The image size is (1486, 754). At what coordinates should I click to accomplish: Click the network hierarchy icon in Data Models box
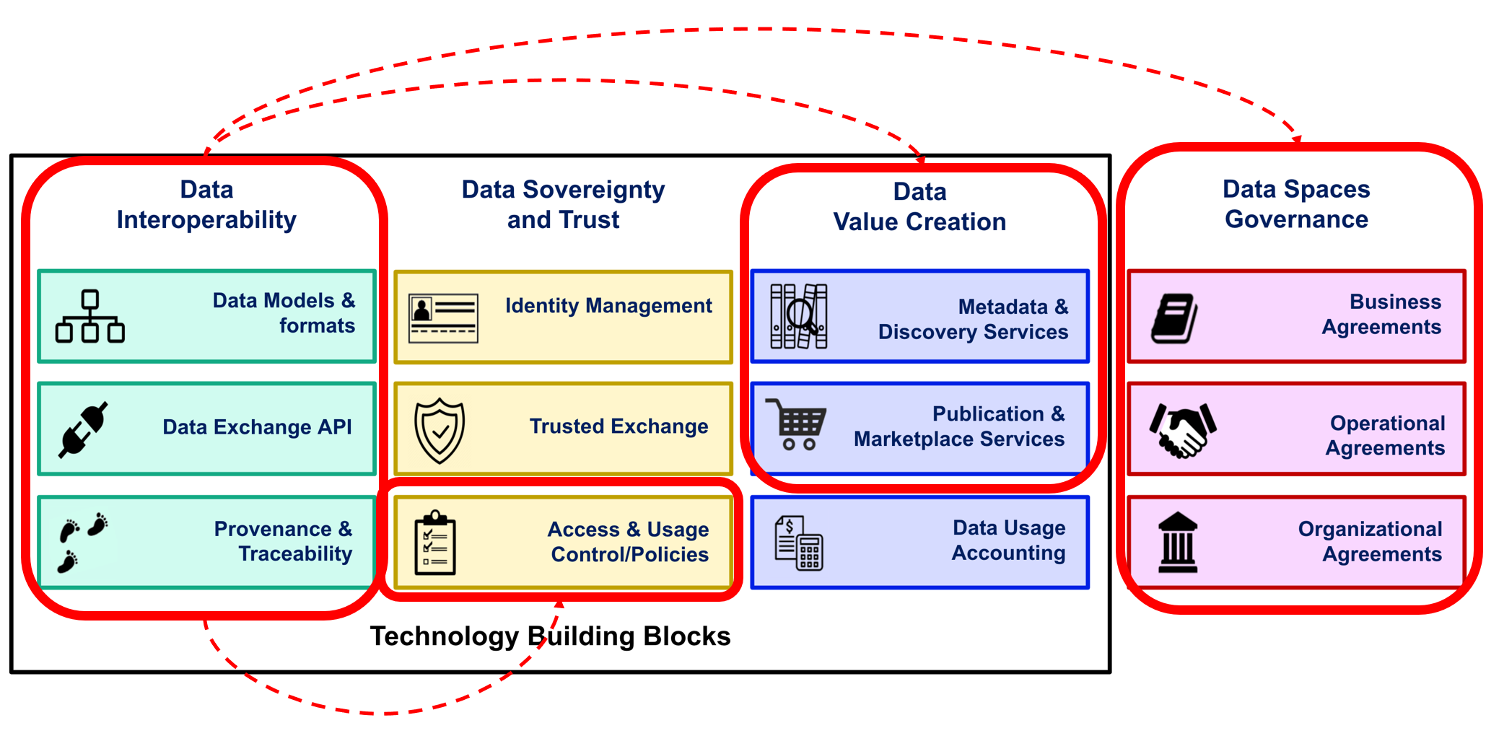90,316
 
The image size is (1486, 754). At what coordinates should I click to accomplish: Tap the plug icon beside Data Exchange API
84,429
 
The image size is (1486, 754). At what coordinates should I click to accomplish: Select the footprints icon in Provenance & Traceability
82,542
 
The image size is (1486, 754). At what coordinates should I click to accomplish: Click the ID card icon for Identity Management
443,317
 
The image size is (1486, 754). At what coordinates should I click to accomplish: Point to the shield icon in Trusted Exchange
440,430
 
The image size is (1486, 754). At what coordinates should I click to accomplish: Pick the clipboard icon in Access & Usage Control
435,543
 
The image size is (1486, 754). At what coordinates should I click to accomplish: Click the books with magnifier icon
798,316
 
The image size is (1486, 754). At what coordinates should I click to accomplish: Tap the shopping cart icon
797,425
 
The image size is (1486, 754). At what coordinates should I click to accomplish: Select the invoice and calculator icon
799,543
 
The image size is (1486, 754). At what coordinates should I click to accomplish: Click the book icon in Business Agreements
1174,317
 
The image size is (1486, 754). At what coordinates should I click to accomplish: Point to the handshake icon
1183,430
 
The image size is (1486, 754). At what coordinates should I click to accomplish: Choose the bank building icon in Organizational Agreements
1178,543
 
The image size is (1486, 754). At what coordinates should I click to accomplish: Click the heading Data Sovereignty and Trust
563,204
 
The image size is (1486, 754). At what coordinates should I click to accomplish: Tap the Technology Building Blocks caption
550,636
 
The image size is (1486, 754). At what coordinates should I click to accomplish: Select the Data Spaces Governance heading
1296,204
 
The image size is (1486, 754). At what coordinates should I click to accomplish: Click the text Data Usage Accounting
1008,540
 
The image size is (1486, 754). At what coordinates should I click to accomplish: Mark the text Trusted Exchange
619,426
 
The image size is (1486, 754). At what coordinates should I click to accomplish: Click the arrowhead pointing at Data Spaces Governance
1297,139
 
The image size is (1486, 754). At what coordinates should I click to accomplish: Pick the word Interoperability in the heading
206,220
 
